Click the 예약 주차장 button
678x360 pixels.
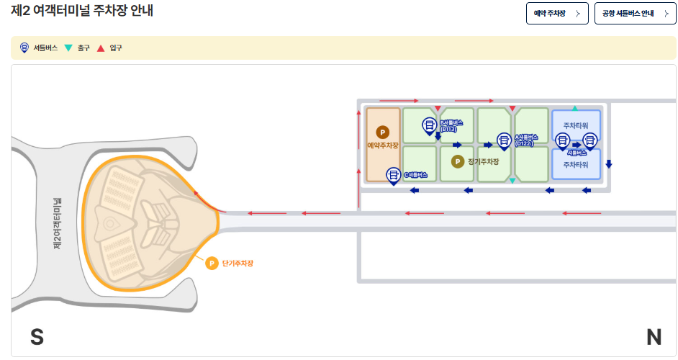557,14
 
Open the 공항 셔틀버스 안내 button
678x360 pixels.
635,14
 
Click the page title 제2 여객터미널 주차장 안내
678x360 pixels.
83,12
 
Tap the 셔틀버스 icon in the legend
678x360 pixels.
24,48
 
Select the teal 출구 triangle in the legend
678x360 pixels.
68,48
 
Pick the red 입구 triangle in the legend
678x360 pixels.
101,48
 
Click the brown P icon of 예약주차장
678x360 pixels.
383,132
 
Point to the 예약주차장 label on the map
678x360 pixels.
383,145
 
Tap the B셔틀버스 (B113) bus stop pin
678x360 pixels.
428,126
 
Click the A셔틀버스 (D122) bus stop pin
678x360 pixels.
504,140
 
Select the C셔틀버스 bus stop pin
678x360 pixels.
394,174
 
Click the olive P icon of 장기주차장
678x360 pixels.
457,161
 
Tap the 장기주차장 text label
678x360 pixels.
483,161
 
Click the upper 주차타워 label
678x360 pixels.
576,125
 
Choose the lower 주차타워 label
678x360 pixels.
576,165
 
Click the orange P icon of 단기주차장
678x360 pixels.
212,264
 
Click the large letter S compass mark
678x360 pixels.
37,337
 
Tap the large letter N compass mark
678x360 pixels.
654,337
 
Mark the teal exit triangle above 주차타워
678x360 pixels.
574,108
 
